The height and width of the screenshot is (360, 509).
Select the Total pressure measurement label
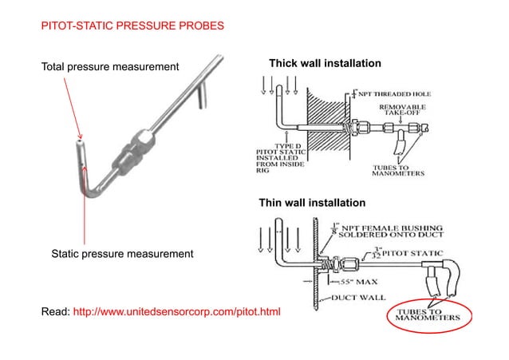point(110,66)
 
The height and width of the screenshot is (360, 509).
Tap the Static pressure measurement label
point(122,254)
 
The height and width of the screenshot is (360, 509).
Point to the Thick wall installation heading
point(325,63)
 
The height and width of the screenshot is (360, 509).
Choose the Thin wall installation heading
point(312,203)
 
